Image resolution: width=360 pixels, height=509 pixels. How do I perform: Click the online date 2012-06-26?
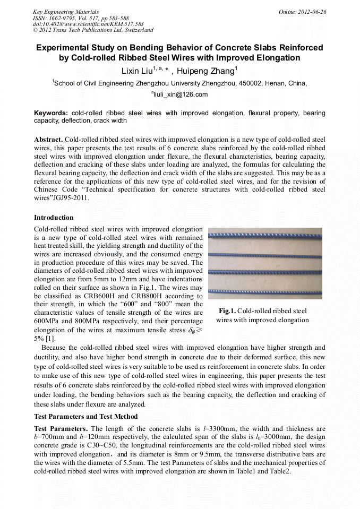313,11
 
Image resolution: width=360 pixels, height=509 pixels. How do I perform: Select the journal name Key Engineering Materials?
66,11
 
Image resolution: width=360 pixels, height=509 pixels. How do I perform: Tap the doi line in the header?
88,24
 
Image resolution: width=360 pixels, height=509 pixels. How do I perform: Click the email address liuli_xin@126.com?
181,94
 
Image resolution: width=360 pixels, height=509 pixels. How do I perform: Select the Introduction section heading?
54,218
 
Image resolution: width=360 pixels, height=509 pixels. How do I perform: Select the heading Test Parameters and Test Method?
85,416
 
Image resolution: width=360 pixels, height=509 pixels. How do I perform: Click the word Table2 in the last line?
279,471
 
